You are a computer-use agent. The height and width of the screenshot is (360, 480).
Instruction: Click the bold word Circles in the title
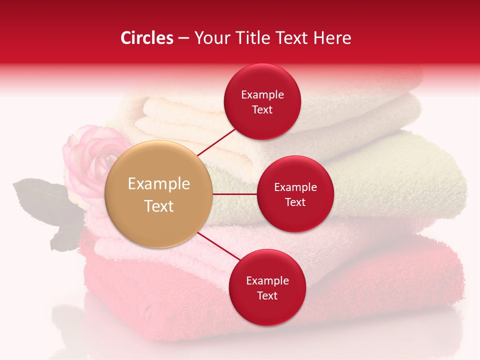coord(147,38)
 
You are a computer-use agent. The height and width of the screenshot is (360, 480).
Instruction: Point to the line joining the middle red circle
coord(235,194)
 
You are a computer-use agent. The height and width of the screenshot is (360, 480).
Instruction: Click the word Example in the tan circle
coord(159,184)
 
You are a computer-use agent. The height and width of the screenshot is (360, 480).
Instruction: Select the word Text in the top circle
coord(262,110)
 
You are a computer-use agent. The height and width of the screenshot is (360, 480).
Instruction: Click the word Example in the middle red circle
coord(295,187)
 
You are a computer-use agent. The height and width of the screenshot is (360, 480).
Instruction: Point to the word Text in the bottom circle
coord(267,296)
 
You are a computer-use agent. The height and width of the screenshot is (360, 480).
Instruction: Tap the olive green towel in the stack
coord(400,175)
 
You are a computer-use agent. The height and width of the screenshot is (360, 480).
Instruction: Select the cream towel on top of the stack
coord(350,110)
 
